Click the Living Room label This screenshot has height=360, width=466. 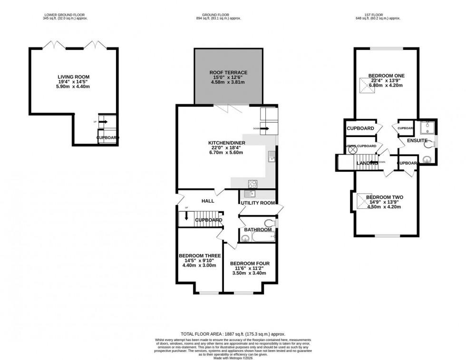[x=74, y=77]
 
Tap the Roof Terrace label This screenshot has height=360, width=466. [x=228, y=72]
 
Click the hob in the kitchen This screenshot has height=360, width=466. [x=252, y=184]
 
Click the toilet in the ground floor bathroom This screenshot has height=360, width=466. [x=271, y=223]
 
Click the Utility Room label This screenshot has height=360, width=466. [x=258, y=203]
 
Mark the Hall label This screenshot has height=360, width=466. [x=208, y=201]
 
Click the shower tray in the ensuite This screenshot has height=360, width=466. [x=424, y=127]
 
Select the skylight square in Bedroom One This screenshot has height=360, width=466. [x=368, y=86]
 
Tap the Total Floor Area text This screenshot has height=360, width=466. [x=233, y=334]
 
